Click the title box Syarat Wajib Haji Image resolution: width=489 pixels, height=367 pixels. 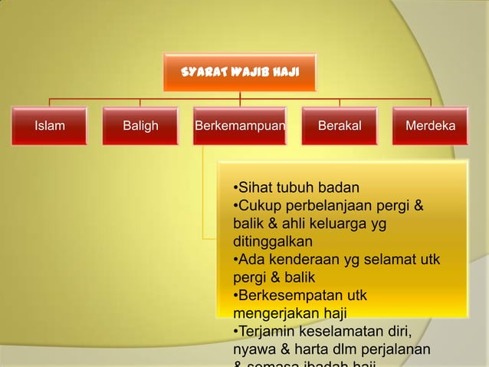238,73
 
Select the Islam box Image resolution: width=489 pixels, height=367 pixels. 50,126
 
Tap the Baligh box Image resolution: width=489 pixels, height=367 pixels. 140,126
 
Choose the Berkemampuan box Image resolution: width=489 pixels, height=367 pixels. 240,126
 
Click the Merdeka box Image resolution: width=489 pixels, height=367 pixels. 430,126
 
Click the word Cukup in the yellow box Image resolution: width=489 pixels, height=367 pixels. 258,205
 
